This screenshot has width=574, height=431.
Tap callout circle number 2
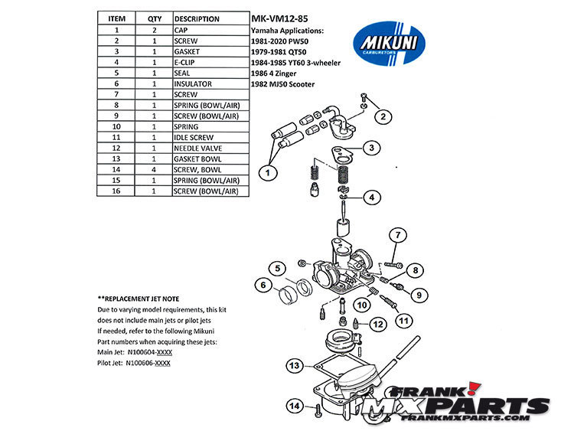[383, 116]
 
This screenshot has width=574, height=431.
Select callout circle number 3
[370, 148]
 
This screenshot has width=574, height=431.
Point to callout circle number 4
[370, 197]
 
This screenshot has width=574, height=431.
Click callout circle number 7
[397, 234]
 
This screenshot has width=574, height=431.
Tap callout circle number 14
[294, 406]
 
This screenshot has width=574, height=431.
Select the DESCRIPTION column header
[197, 18]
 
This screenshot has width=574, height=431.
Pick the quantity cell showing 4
[155, 169]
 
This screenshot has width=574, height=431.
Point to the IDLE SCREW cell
[194, 137]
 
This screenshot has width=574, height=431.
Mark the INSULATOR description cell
[194, 83]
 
